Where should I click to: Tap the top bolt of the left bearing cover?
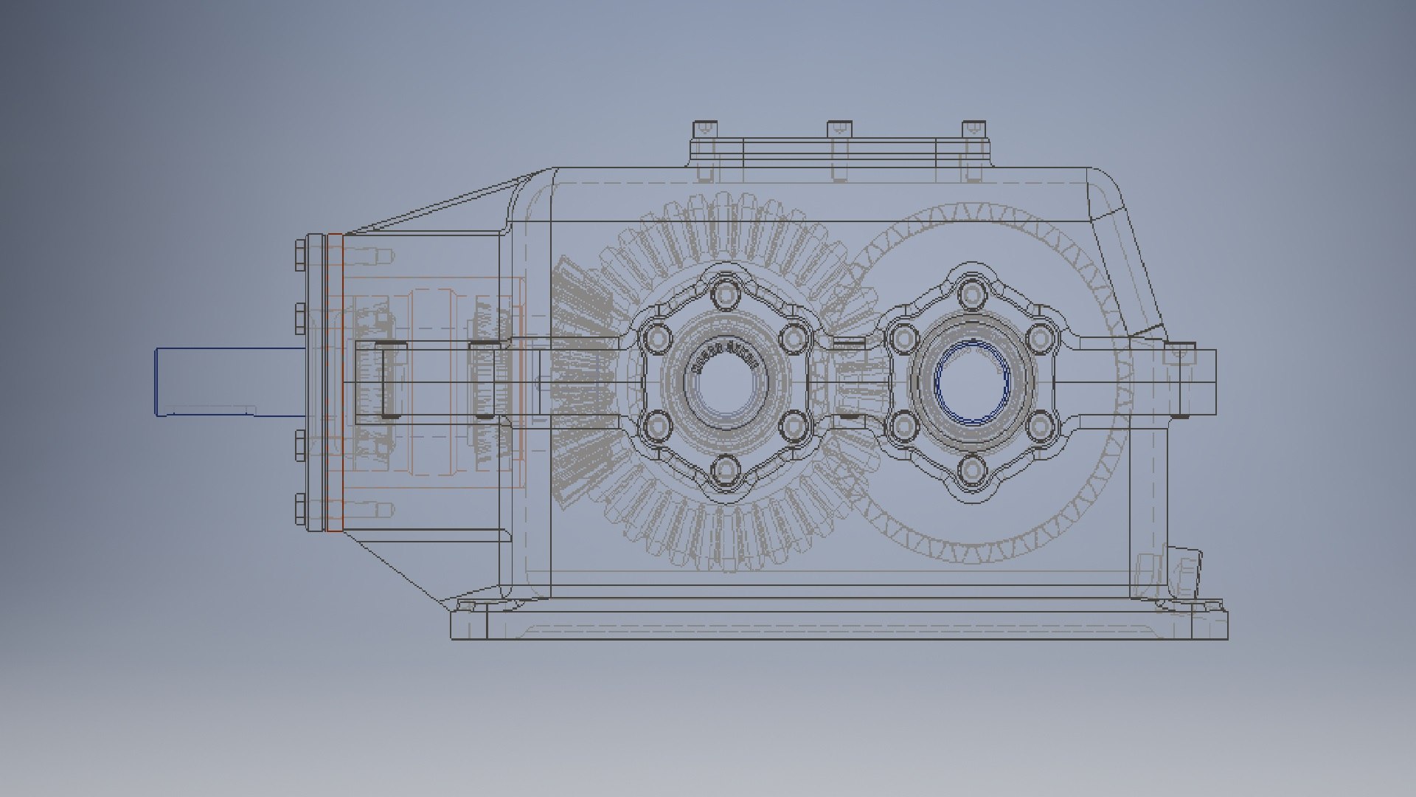click(x=727, y=294)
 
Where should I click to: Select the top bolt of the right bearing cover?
click(x=972, y=294)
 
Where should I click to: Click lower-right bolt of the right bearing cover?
click(x=1039, y=426)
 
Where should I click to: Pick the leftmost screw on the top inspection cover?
click(x=704, y=129)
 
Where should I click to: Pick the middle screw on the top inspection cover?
click(x=839, y=129)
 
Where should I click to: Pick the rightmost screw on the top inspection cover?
click(x=974, y=129)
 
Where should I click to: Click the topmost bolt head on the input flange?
click(x=301, y=255)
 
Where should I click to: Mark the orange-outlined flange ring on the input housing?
click(x=335, y=382)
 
